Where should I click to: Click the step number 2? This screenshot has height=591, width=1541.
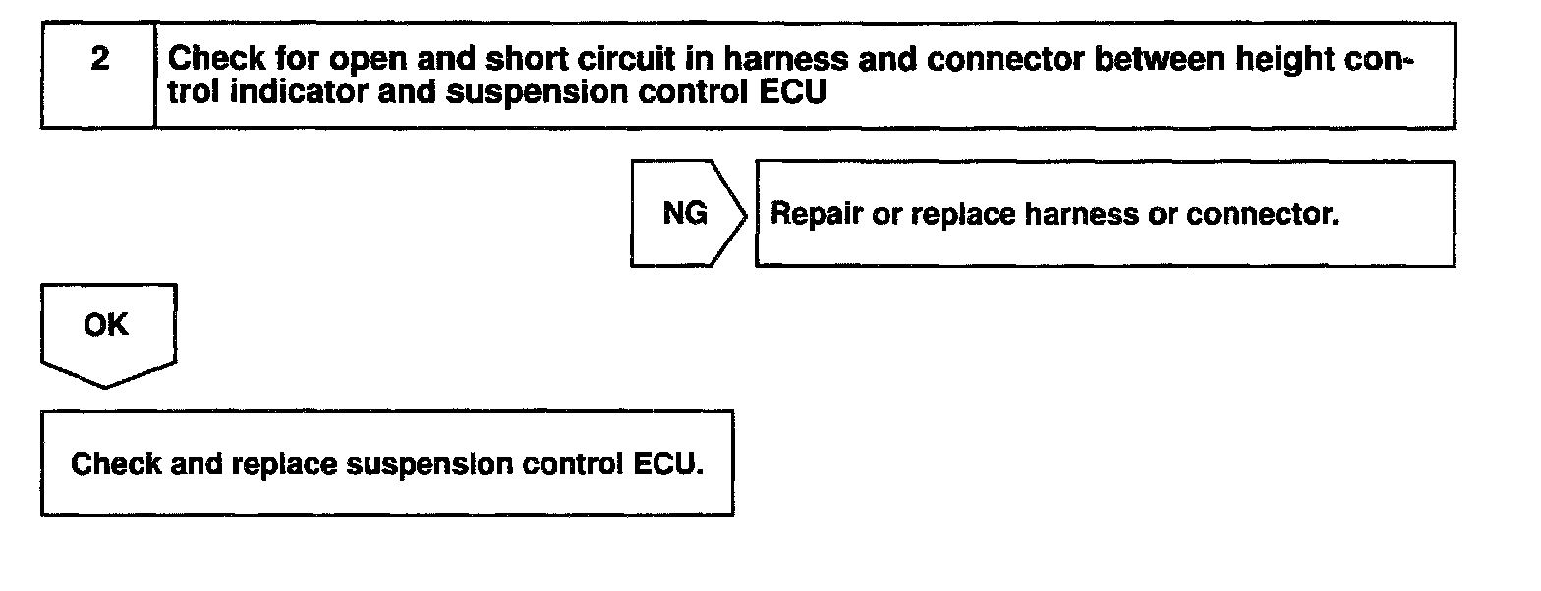pos(100,59)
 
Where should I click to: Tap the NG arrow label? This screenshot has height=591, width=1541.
pos(684,214)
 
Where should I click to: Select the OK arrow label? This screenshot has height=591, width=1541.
pos(105,324)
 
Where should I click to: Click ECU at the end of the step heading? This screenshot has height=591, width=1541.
pos(792,91)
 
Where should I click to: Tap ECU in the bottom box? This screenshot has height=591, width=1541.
pos(668,464)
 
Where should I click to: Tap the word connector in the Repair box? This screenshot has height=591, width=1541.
pos(1262,215)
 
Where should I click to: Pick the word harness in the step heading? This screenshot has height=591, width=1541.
pos(785,59)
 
